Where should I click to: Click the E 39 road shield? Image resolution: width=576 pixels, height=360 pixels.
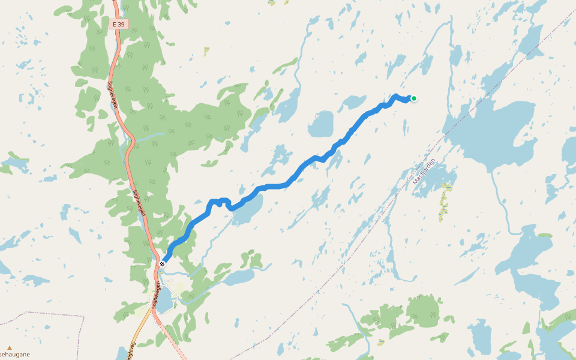pos(118,24)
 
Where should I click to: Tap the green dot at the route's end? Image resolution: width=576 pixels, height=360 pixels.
pos(413,98)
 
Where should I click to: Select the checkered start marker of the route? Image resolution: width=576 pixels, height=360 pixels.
pos(163,263)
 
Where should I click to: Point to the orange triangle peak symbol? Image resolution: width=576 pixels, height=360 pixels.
pos(10,347)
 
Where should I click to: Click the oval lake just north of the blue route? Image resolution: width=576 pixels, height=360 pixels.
pos(320,125)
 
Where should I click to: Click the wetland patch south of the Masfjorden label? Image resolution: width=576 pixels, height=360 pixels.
pos(444,204)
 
